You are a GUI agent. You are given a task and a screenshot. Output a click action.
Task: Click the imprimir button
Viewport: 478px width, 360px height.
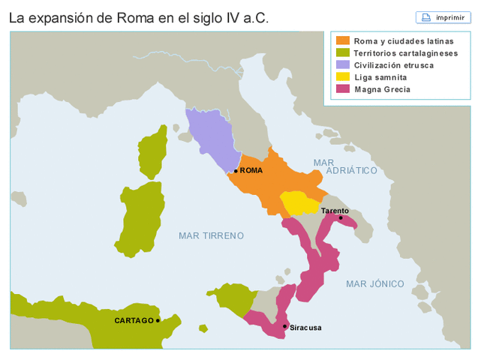(x=443, y=17)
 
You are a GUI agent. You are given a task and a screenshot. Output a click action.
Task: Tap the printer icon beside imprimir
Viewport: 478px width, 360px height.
(x=426, y=17)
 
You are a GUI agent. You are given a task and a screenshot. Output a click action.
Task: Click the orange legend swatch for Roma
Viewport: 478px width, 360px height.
(x=342, y=40)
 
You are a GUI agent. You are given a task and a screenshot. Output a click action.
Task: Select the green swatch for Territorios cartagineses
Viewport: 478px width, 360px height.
(x=342, y=52)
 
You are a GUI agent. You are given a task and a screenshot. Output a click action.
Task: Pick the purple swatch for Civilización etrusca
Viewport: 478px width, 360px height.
(x=342, y=64)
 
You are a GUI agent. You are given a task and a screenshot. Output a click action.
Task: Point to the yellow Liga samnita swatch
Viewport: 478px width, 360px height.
(x=342, y=76)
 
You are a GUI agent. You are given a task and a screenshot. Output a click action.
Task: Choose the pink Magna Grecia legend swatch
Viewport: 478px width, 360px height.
(x=342, y=88)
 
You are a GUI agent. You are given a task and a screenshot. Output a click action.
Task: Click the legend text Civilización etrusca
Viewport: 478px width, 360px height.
(x=393, y=64)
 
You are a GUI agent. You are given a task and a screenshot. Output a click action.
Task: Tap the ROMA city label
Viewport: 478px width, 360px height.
(x=251, y=171)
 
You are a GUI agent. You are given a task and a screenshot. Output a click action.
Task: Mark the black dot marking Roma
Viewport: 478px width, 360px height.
(x=236, y=171)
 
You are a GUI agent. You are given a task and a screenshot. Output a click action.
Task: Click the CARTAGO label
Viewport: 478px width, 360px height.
(x=134, y=320)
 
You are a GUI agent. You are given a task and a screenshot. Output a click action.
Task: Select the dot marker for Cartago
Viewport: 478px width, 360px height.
(x=158, y=320)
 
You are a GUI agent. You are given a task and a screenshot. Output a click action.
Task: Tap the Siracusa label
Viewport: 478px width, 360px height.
(x=305, y=328)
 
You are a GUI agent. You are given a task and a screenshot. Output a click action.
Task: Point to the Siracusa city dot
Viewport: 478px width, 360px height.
(x=285, y=326)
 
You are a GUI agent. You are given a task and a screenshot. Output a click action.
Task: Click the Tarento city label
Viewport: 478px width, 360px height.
(x=335, y=211)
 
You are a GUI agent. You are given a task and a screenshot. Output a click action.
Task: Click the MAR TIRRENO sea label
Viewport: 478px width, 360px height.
(x=211, y=235)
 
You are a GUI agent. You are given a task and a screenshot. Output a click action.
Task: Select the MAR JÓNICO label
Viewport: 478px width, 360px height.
(x=374, y=283)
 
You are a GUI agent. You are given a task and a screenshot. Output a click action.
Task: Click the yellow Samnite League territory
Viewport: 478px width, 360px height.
(x=299, y=202)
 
